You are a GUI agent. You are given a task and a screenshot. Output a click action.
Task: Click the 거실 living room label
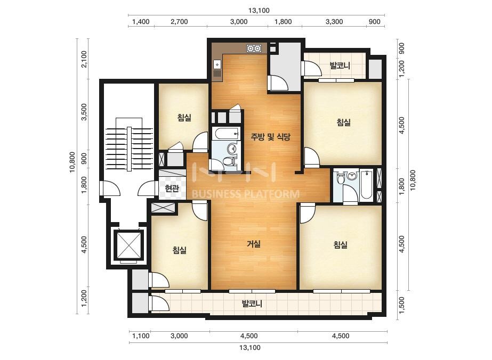point(254,244)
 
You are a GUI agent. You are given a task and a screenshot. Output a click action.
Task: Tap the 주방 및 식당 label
point(270,137)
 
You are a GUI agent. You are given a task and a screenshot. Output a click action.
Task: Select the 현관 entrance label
point(172,188)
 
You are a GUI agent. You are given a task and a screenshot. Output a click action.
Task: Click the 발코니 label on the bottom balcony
point(252,304)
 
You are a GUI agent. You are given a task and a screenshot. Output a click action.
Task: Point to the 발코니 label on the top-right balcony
point(340,66)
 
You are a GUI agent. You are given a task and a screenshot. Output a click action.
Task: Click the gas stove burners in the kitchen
point(254,48)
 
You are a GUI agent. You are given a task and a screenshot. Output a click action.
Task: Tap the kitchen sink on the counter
point(217,69)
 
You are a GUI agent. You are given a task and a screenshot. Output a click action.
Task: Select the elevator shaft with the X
point(128,244)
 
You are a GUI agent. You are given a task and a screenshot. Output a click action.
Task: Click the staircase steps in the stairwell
point(129,144)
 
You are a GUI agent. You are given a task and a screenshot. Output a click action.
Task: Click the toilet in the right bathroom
point(341,178)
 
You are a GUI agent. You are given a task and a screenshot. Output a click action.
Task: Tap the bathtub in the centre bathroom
point(225,134)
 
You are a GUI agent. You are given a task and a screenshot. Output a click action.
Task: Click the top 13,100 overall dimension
point(259,10)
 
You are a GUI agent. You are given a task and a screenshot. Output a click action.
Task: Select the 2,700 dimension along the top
point(179,22)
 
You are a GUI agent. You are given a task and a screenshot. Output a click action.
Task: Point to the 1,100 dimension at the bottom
point(141,336)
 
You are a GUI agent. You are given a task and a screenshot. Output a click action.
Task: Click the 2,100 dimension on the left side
point(84,59)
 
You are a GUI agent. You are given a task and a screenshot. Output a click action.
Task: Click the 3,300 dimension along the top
point(334,22)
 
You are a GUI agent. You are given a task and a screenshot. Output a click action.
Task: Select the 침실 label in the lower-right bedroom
point(340,244)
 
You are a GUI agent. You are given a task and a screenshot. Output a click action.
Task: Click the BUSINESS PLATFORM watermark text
point(245,194)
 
